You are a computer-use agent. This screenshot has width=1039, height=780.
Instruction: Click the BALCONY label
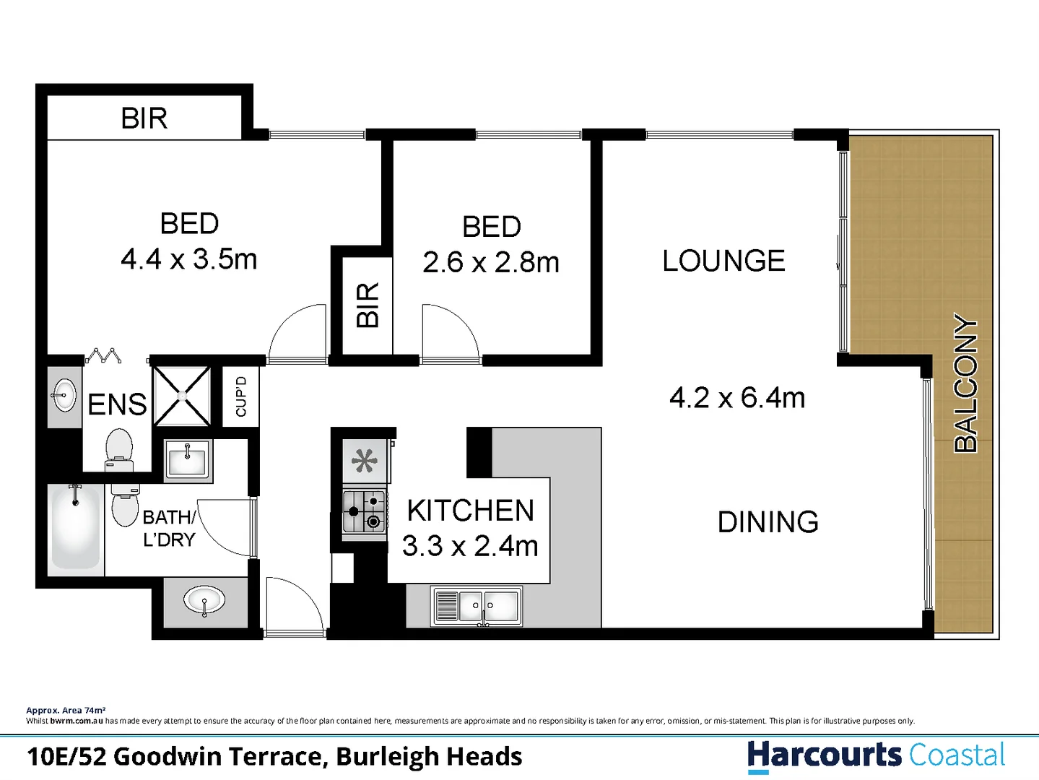pyautogui.click(x=965, y=383)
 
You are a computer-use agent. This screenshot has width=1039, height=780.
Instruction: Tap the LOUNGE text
pyautogui.click(x=723, y=261)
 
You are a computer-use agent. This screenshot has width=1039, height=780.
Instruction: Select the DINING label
pyautogui.click(x=768, y=521)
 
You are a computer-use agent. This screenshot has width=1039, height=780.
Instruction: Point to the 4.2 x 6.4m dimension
pyautogui.click(x=736, y=397)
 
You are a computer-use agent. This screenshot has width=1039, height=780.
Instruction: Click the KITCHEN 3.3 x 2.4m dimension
pyautogui.click(x=470, y=546)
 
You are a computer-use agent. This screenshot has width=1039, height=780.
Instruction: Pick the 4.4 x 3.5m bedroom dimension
pyautogui.click(x=188, y=259)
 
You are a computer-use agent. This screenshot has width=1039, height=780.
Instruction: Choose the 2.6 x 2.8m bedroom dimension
pyautogui.click(x=491, y=262)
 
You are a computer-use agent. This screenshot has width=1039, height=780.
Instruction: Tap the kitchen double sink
pyautogui.click(x=477, y=605)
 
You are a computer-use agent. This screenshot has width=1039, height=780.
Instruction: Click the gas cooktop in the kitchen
pyautogui.click(x=364, y=511)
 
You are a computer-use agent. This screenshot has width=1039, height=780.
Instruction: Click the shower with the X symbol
pyautogui.click(x=182, y=396)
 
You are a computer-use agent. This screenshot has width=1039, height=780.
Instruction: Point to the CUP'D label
pyautogui.click(x=241, y=396)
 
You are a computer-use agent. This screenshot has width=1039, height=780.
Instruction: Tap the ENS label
pyautogui.click(x=117, y=404)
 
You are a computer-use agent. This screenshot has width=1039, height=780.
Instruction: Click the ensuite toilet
pyautogui.click(x=119, y=448)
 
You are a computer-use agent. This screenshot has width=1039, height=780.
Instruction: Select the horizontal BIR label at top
pyautogui.click(x=144, y=118)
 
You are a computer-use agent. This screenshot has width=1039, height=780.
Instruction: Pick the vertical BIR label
pyautogui.click(x=368, y=305)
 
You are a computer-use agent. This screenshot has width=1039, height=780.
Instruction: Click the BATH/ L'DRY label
pyautogui.click(x=169, y=528)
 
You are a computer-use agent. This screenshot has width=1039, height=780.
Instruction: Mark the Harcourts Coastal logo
pyautogui.click(x=876, y=755)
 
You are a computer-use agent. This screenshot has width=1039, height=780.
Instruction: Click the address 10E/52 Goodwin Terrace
pyautogui.click(x=274, y=756)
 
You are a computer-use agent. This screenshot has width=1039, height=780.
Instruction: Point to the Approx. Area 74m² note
pyautogui.click(x=66, y=711)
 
